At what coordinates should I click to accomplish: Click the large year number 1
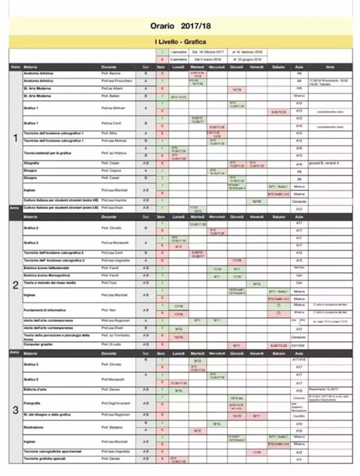point(15,138)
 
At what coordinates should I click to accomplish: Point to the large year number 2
point(15,285)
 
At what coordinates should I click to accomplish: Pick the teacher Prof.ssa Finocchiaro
point(116,80)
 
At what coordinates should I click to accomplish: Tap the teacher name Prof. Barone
point(112,73)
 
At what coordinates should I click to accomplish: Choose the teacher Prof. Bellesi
point(112,95)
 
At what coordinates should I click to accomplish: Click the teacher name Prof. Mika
point(109,133)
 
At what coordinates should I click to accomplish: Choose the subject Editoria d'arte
point(36,390)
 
